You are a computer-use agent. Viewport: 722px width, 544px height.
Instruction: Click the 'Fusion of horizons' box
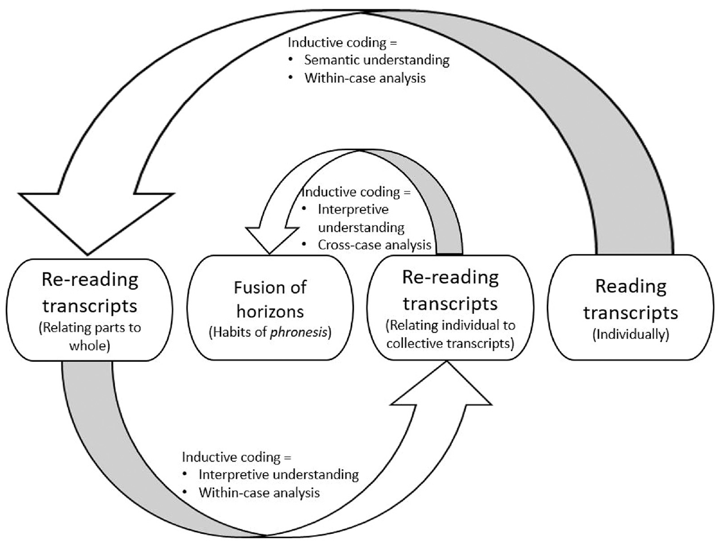pos(270,308)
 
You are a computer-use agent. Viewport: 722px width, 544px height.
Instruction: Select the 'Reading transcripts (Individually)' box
pos(631,307)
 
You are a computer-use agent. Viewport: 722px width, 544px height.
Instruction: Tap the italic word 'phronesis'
pos(299,332)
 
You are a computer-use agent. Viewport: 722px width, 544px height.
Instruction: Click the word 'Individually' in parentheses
pos(631,335)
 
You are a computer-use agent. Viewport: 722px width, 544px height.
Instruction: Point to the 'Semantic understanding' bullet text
pos(377,60)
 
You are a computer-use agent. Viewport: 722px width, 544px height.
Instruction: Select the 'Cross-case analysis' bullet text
pos(374,245)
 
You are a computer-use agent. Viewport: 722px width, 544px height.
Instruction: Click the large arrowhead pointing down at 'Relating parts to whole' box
pos(96,224)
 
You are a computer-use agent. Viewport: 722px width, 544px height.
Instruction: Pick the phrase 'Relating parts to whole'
pos(90,337)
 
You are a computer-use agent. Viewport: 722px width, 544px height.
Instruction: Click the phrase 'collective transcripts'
pos(450,343)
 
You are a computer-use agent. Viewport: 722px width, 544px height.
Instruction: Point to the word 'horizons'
pos(270,311)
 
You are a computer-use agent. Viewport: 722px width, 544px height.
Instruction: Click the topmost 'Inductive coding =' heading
pos(342,42)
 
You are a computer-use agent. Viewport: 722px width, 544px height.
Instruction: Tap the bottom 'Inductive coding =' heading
pos(237,457)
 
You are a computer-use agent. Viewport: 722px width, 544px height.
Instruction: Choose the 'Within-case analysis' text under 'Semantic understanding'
pos(365,78)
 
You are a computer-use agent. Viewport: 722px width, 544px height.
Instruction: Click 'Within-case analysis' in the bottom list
pos(259,493)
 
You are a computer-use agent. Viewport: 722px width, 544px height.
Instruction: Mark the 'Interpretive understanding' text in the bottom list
pos(279,475)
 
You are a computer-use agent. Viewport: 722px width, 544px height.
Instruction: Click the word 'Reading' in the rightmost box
pos(631,286)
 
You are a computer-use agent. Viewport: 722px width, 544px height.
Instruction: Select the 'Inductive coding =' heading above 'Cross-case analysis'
pos(356,192)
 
